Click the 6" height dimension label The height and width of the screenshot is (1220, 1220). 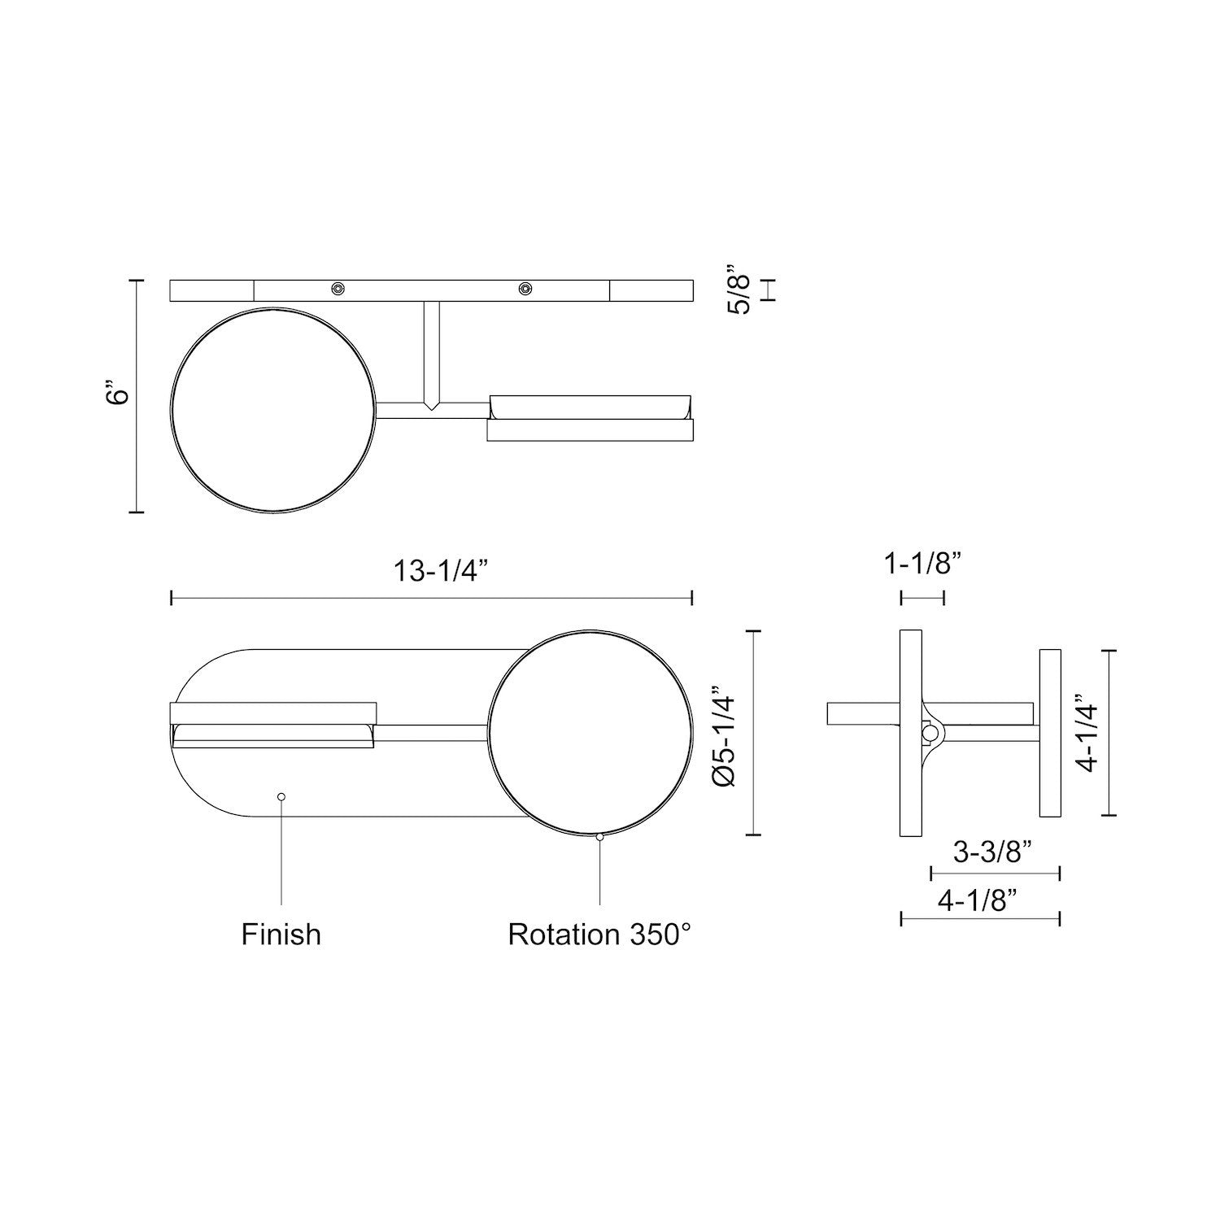[x=120, y=395]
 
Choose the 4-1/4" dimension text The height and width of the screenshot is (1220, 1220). [x=1087, y=733]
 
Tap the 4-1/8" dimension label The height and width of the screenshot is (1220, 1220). [x=978, y=900]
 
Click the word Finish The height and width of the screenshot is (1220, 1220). [x=281, y=934]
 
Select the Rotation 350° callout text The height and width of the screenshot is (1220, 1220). [x=599, y=934]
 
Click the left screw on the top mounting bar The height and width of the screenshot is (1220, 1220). [x=338, y=289]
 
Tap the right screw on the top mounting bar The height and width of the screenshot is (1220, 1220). [x=526, y=289]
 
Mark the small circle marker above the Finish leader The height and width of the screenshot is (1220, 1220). [x=281, y=796]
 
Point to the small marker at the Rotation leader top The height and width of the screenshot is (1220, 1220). [x=599, y=836]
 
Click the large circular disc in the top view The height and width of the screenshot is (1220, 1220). [x=274, y=411]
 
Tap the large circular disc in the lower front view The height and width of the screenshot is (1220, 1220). [x=591, y=733]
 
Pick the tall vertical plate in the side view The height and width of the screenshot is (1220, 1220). [x=910, y=733]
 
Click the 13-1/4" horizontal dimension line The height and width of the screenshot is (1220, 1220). [x=325, y=599]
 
